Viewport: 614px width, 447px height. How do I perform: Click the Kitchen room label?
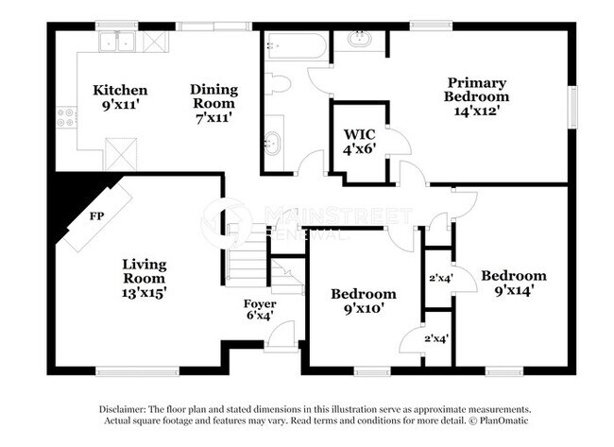119,90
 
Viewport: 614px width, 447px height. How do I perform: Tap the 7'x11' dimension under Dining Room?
213,116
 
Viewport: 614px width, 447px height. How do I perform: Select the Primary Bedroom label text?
477,89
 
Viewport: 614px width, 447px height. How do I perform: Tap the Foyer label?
260,303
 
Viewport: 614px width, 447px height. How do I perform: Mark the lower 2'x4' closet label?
436,338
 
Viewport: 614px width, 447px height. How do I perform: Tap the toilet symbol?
277,83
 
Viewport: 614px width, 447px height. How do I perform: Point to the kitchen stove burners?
66,117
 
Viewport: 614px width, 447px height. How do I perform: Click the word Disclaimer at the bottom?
124,408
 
